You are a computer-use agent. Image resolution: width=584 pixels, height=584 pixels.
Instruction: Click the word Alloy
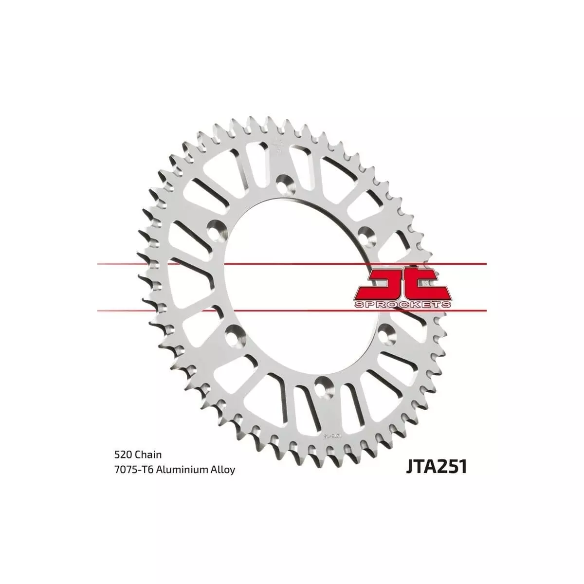(x=223, y=470)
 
